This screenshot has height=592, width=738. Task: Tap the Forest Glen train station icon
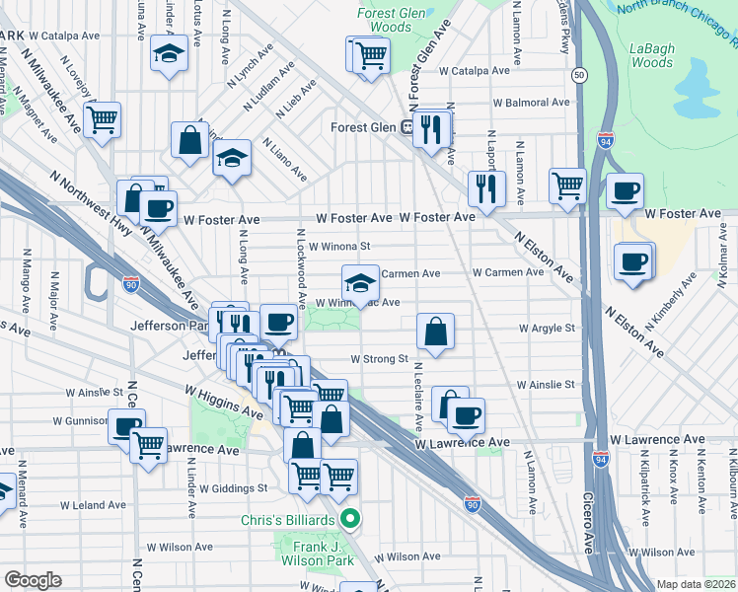tap(406, 127)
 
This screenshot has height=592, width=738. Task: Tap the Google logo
tap(33, 580)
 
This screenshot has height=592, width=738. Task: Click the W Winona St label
tap(338, 247)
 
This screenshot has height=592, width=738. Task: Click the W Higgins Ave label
tap(224, 401)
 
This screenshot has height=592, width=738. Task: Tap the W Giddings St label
tap(233, 487)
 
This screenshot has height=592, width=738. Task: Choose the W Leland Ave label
tap(93, 505)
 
